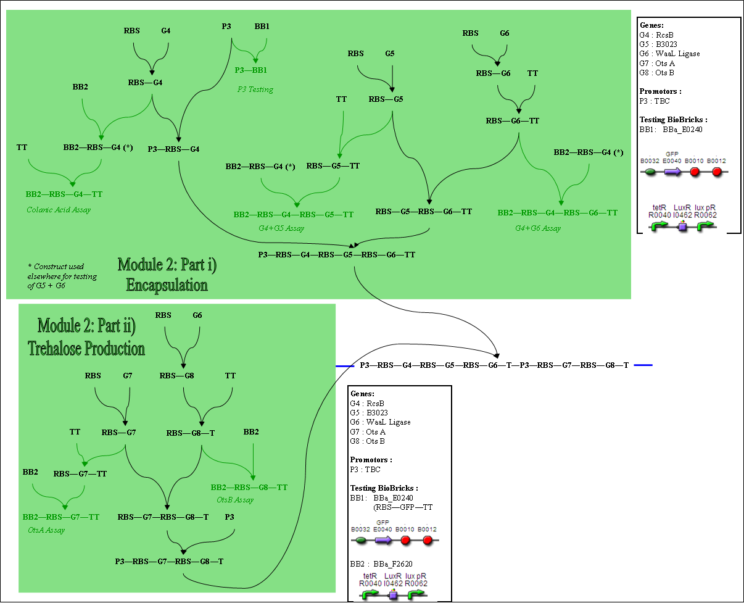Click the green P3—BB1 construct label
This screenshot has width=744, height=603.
[250, 70]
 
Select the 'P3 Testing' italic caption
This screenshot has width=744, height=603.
[255, 89]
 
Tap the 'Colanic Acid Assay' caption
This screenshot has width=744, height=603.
[59, 210]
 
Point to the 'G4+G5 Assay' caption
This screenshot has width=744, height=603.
[281, 228]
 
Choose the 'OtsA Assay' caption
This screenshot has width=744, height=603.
[46, 530]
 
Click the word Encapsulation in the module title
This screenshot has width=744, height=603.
[167, 285]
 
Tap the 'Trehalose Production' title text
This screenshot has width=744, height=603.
[86, 348]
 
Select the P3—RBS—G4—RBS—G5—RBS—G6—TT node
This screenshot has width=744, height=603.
[337, 255]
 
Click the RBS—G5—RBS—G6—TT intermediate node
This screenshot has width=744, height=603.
[424, 212]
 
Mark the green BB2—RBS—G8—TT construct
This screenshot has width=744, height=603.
[249, 488]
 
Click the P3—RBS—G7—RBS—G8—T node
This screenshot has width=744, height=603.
[169, 562]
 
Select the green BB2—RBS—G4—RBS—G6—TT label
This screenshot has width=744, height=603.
[558, 213]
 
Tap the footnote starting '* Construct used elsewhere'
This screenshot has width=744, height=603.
[62, 276]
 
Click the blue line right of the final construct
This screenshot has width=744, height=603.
[643, 365]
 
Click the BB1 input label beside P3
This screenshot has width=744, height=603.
[262, 27]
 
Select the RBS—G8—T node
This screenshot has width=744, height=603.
[191, 433]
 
